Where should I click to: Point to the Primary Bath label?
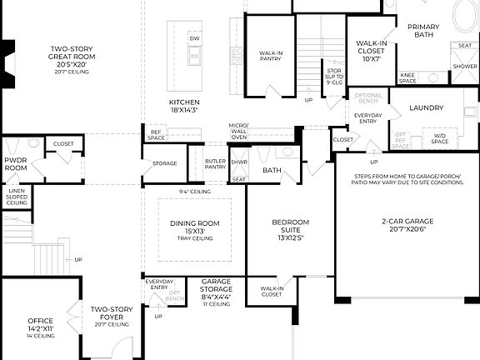(x=423, y=31)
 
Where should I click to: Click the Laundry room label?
(x=426, y=108)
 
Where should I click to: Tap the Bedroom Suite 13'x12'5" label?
(x=290, y=227)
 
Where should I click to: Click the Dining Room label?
(x=194, y=227)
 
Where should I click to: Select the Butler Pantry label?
(x=215, y=163)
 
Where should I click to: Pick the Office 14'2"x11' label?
(x=40, y=324)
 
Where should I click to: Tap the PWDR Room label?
(x=16, y=163)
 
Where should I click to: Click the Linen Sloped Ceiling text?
(x=17, y=198)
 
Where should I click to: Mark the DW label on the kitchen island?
(x=194, y=39)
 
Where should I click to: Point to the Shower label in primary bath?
(x=464, y=66)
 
